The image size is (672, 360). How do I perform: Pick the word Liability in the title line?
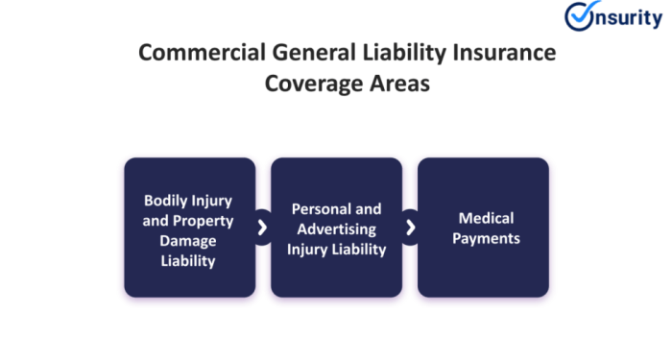pyautogui.click(x=390, y=54)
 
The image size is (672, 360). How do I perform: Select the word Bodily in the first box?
pyautogui.click(x=164, y=202)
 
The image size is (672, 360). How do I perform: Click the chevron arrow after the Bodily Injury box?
pyautogui.click(x=263, y=228)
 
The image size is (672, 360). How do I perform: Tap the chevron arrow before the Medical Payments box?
pyautogui.click(x=410, y=228)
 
